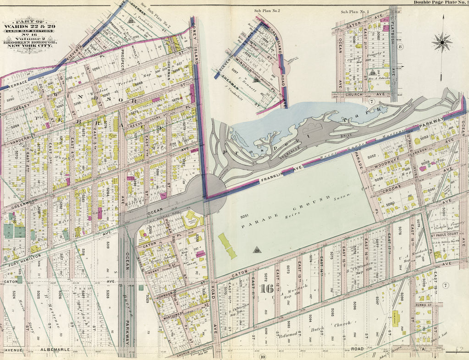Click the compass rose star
[442, 43]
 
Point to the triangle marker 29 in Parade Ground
[256, 249]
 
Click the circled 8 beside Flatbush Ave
[400, 47]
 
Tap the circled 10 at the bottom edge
[263, 356]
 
